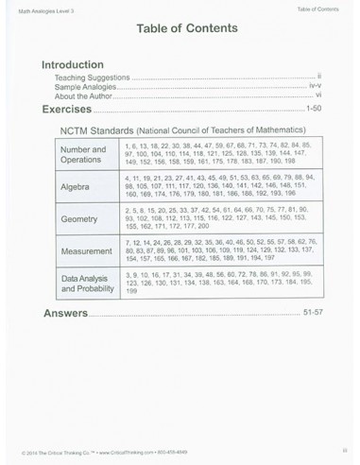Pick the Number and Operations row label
pos(83,155)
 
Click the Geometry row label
pos(79,219)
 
